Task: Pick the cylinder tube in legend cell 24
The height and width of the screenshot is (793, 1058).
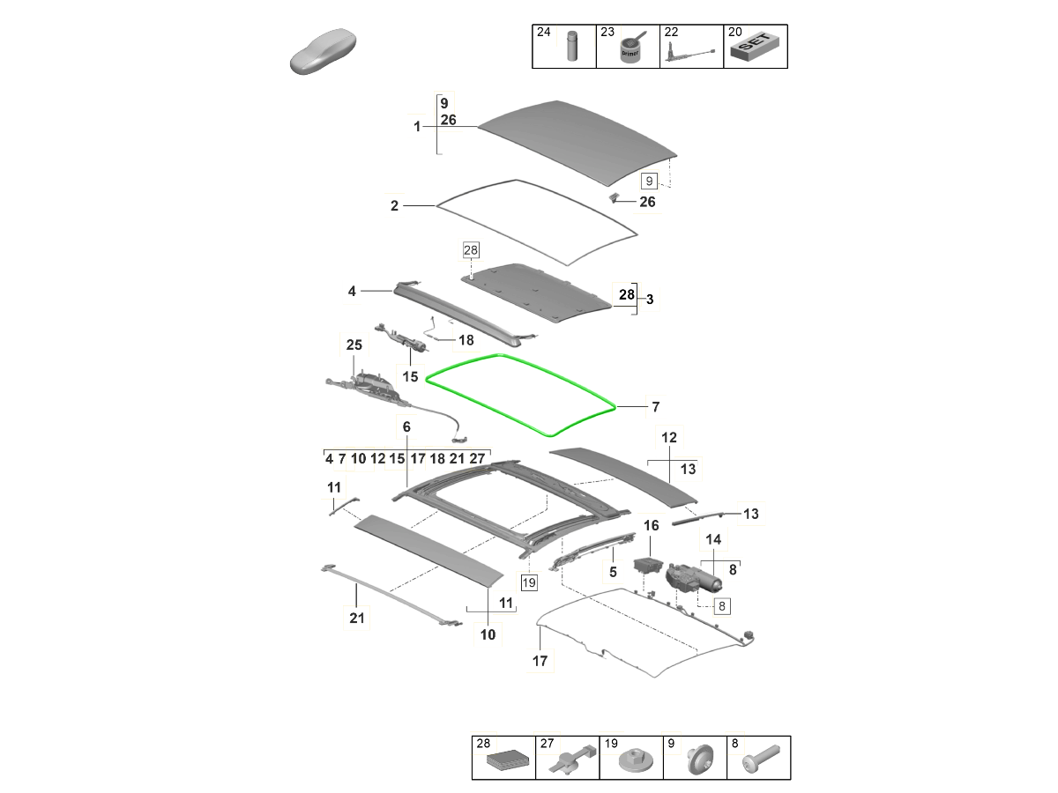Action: [570, 46]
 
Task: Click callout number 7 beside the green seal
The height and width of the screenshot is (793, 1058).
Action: [655, 407]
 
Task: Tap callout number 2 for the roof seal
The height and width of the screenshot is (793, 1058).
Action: [394, 206]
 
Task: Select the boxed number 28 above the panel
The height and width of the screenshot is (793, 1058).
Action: [469, 251]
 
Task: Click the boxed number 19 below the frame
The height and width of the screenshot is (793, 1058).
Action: [528, 582]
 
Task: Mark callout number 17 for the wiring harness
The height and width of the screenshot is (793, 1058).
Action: [540, 661]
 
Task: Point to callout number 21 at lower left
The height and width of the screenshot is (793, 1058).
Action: [356, 619]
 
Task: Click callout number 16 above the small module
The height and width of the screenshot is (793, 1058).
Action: [651, 526]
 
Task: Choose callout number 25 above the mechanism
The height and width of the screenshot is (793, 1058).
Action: [354, 345]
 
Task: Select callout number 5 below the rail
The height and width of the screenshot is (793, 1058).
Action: [613, 571]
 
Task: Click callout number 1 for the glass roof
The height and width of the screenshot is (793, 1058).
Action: [418, 127]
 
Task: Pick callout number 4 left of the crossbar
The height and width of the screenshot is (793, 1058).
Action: [352, 290]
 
